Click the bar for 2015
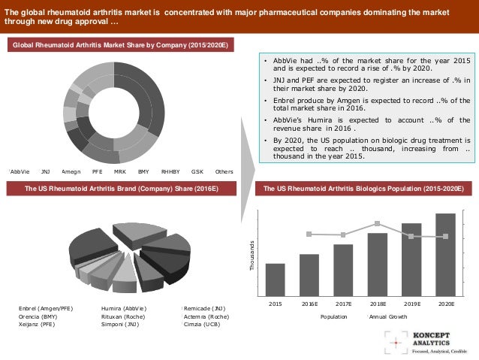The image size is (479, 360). [275, 280]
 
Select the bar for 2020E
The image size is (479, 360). [445, 255]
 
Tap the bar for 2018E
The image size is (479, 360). [378, 265]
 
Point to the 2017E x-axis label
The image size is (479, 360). [343, 304]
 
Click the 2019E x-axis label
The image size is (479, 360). [411, 304]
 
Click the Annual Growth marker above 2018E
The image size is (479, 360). [378, 223]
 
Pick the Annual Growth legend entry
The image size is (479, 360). [387, 317]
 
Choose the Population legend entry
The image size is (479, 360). [333, 317]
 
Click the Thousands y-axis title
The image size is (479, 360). [252, 255]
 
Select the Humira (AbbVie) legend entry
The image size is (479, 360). [124, 309]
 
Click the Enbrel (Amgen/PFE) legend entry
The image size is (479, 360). [46, 309]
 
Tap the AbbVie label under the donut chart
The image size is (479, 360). [20, 171]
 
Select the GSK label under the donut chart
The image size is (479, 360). [197, 171]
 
